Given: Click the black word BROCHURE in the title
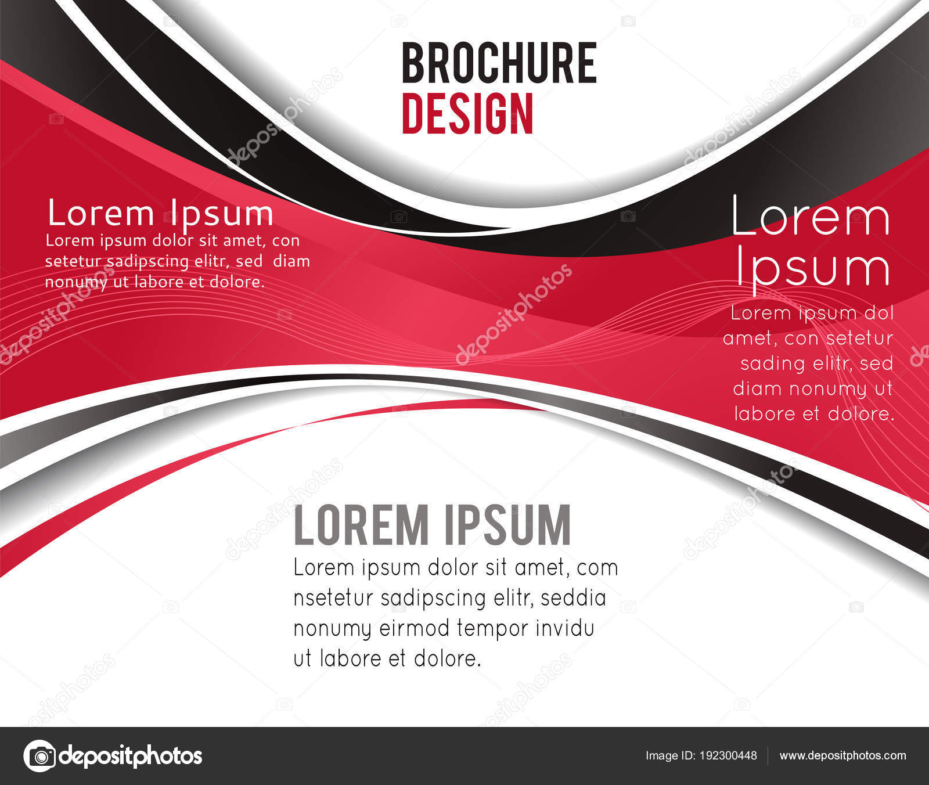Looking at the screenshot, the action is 499,63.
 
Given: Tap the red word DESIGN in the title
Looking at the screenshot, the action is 467,114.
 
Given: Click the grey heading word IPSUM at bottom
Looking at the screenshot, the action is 507,525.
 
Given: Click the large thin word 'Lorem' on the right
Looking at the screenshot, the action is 810,217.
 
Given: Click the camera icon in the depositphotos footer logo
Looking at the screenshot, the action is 40,756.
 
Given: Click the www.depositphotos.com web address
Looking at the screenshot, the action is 842,756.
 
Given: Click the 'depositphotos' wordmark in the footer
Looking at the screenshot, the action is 131,756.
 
